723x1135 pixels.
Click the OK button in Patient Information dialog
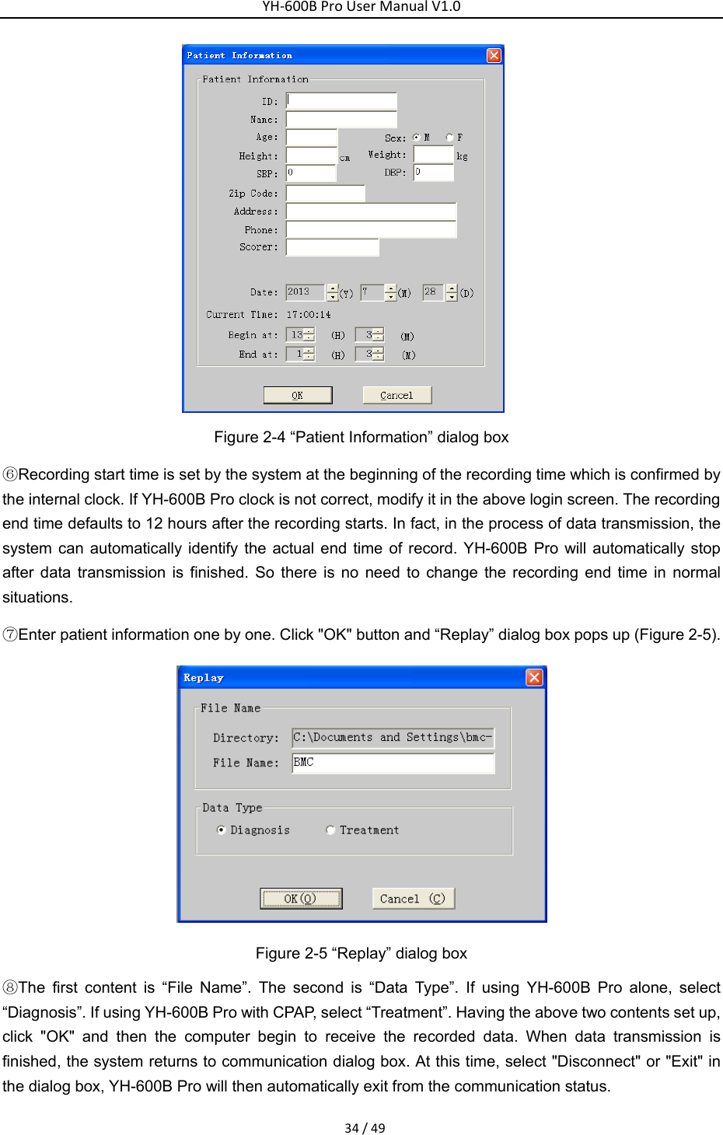(x=298, y=395)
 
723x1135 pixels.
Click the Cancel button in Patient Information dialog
(x=396, y=395)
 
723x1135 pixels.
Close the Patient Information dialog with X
(x=494, y=55)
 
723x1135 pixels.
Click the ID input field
(x=341, y=101)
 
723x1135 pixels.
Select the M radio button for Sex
(x=417, y=138)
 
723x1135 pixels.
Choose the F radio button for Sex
(x=449, y=138)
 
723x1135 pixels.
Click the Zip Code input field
(x=325, y=194)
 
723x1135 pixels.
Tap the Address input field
(x=371, y=211)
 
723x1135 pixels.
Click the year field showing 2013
(x=304, y=292)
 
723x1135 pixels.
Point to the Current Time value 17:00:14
(x=309, y=315)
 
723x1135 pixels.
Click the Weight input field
(x=433, y=155)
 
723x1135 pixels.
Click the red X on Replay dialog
(x=534, y=677)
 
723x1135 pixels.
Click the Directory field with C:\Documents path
(x=393, y=738)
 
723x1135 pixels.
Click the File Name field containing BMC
(x=393, y=763)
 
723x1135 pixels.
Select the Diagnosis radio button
(x=222, y=830)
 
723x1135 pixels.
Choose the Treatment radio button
(x=330, y=830)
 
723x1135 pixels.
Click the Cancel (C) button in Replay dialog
(x=413, y=899)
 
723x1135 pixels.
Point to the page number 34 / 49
(x=365, y=1128)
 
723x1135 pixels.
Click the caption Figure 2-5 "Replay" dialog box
(x=361, y=953)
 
